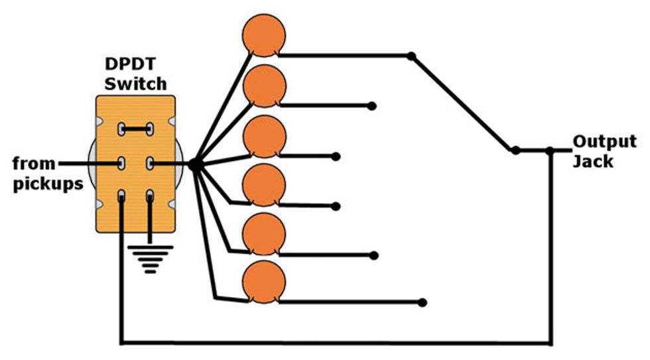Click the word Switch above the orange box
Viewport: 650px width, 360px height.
(135, 84)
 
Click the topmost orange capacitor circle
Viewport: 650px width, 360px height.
(264, 34)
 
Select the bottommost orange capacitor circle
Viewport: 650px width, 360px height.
(264, 282)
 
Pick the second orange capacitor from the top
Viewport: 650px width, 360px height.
(264, 86)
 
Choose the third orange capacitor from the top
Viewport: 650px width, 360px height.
(264, 136)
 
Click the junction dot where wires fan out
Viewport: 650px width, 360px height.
(194, 163)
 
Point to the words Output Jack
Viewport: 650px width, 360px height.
(604, 150)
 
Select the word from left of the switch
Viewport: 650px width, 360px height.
(35, 162)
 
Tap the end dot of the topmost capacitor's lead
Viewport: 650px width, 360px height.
(411, 56)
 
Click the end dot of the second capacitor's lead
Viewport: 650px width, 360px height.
(372, 106)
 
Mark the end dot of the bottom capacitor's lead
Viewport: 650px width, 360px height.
(422, 302)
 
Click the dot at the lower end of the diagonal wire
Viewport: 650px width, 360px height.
(515, 150)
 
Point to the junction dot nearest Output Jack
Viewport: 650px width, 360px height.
(549, 150)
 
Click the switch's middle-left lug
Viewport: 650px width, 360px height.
(122, 162)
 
